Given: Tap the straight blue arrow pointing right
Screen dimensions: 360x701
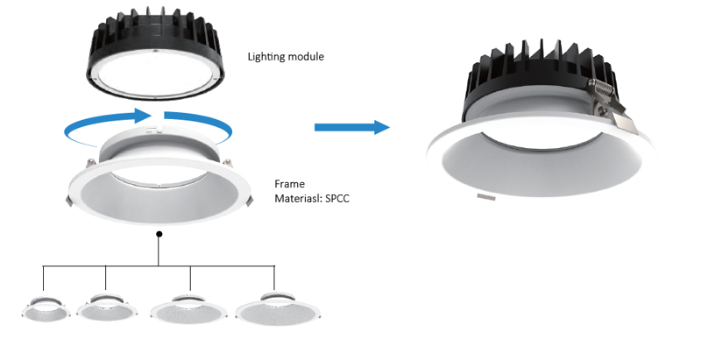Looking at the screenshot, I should pyautogui.click(x=351, y=127).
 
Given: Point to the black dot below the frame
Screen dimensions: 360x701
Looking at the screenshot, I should pyautogui.click(x=159, y=235).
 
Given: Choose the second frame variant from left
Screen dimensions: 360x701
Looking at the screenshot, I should pyautogui.click(x=106, y=307).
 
